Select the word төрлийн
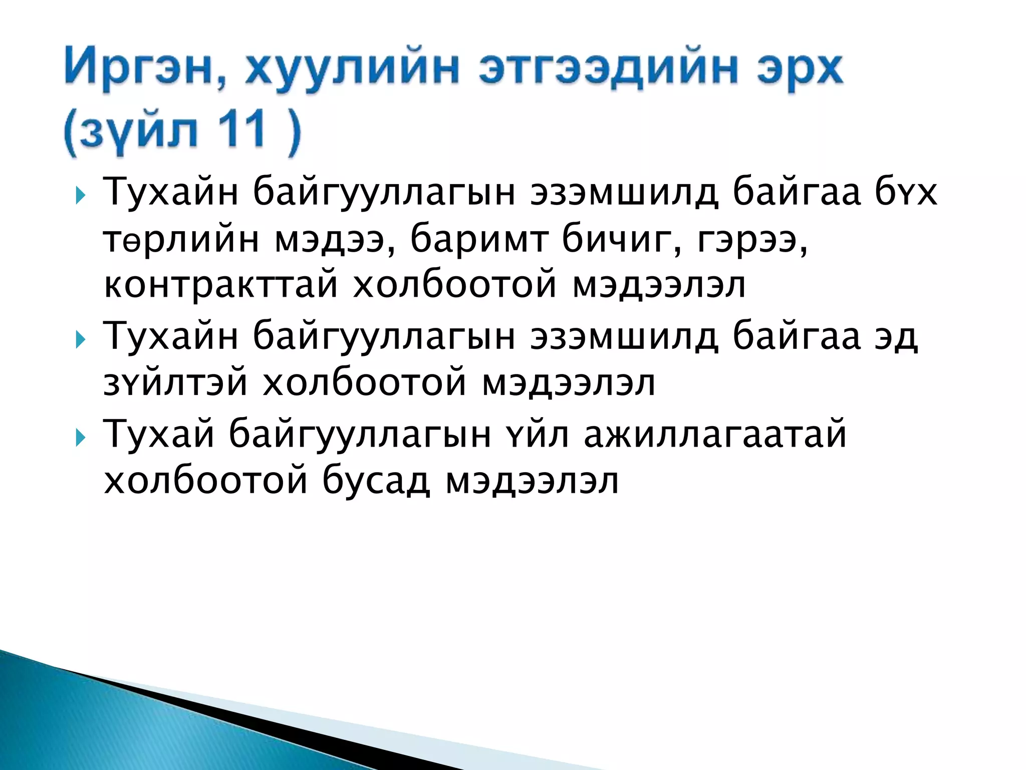[181, 240]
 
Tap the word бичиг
[622, 240]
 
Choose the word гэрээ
[752, 240]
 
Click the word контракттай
[220, 285]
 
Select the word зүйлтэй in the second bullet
[175, 383]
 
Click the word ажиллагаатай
[715, 434]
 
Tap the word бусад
[376, 481]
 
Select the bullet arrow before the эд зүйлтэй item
[80, 340]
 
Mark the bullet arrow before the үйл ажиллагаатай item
[80, 438]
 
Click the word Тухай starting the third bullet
[159, 434]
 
